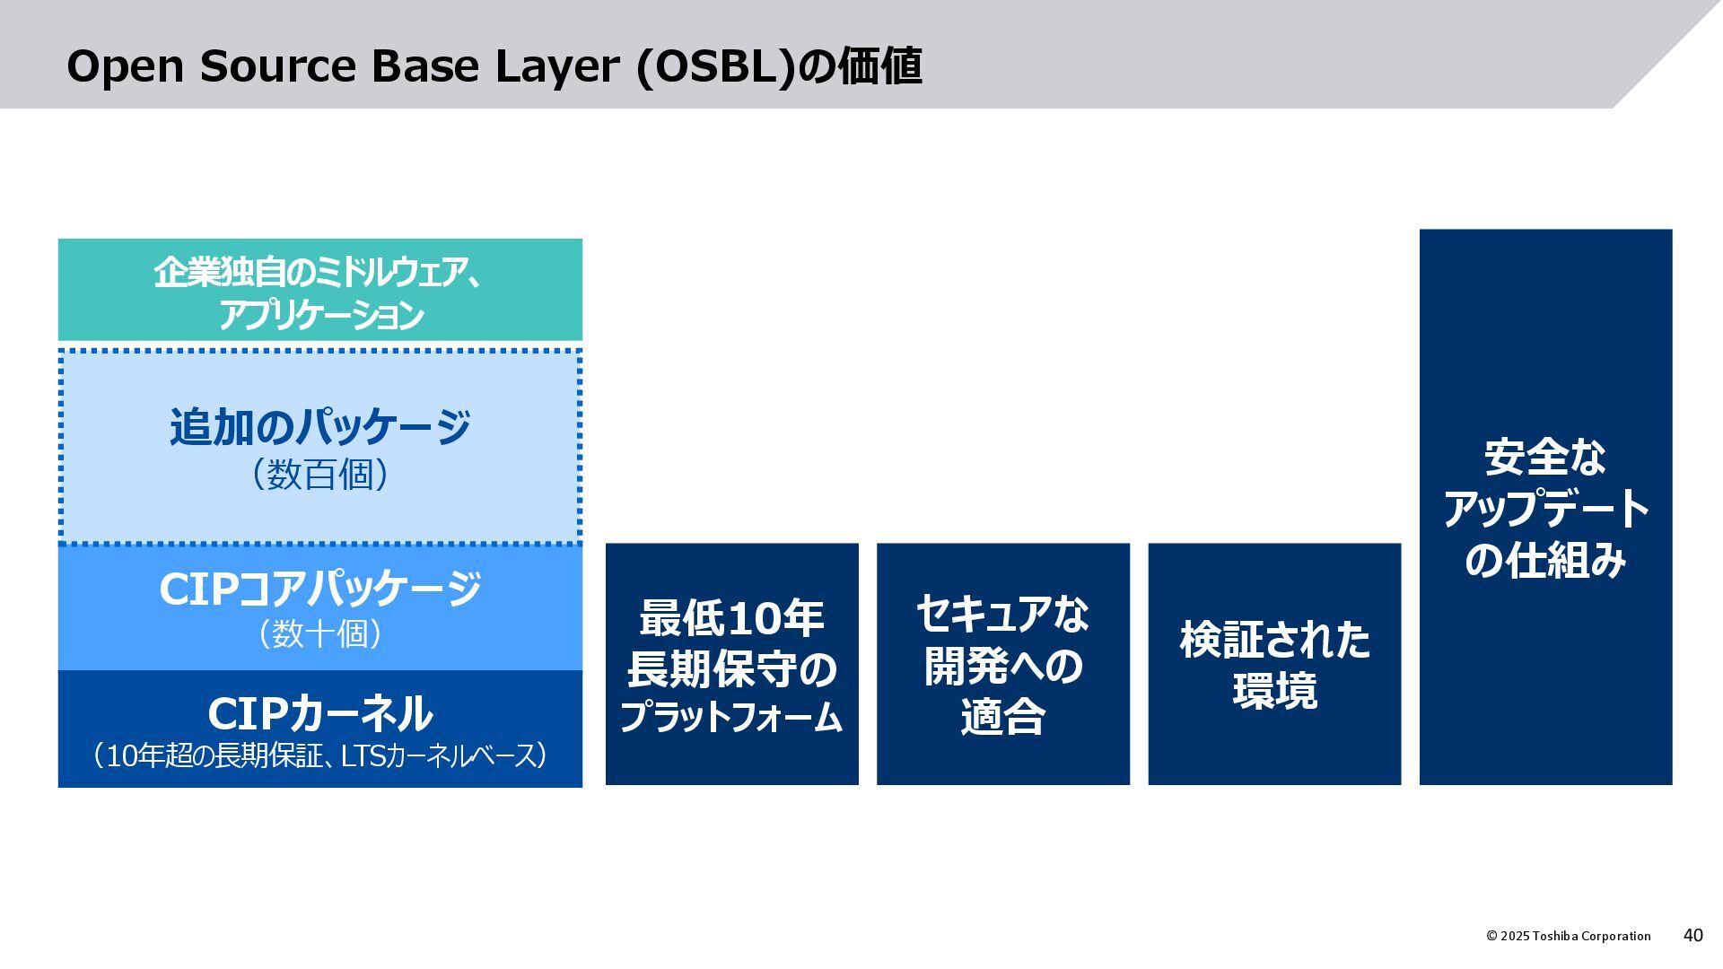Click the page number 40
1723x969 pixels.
tap(1692, 935)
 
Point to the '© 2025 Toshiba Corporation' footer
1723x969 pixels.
tap(1568, 936)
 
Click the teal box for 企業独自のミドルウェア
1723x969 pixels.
tap(320, 290)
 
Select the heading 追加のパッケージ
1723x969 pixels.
tap(320, 426)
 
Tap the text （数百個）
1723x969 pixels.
tap(320, 475)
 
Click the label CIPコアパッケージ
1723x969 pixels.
tap(320, 589)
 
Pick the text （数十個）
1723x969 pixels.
tap(320, 634)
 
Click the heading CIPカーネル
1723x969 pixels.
tap(320, 714)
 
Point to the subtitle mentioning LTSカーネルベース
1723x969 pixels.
tap(320, 756)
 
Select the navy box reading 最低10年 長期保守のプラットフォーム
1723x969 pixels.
tap(731, 664)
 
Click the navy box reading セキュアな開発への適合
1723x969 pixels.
tap(1002, 664)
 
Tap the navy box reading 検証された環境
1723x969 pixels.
tap(1274, 664)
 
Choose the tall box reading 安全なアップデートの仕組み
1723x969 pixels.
tap(1545, 507)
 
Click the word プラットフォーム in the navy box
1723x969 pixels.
tap(731, 718)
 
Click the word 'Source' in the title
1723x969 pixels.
tap(278, 67)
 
